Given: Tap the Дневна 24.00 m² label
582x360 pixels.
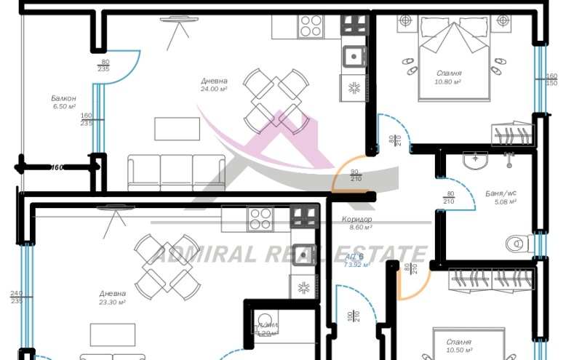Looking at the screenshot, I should (214, 84).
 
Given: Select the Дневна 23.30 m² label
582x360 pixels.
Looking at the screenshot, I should (113, 297).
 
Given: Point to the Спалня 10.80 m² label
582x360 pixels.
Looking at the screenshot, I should (448, 77).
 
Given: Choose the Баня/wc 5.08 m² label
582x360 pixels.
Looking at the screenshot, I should (501, 197).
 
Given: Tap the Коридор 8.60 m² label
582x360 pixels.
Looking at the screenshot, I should (356, 223).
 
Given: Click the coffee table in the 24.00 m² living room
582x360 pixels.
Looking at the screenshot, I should (177, 129).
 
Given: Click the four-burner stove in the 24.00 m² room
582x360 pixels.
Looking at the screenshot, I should (309, 28).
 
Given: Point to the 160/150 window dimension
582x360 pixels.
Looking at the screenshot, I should (551, 79).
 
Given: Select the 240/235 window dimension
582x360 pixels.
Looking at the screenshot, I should (16, 298).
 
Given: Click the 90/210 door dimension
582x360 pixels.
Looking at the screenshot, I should (356, 175).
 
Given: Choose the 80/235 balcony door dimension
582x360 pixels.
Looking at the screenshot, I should (105, 65).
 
